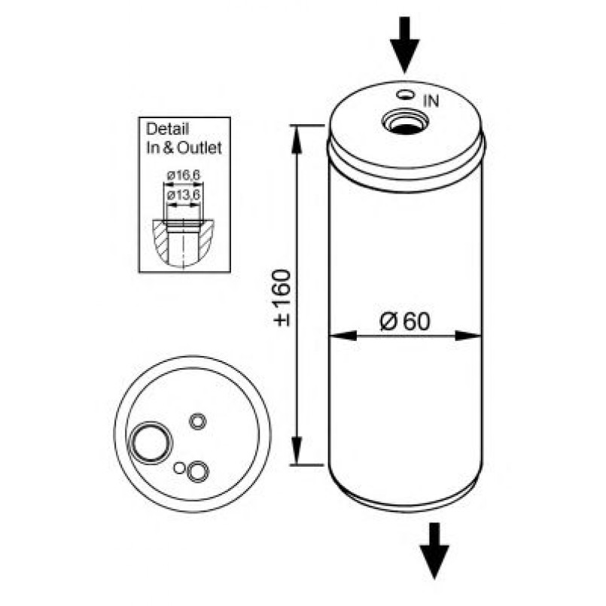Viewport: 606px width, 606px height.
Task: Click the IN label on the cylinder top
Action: click(x=431, y=102)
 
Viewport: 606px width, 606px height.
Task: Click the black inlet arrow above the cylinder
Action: click(x=405, y=44)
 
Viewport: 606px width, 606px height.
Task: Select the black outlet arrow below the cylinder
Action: click(x=434, y=551)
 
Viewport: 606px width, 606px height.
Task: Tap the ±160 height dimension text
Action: click(x=282, y=298)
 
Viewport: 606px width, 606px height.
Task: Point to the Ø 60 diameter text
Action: click(x=405, y=321)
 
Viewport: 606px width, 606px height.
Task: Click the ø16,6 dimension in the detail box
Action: click(x=184, y=175)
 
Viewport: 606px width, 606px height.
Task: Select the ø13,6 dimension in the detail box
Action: click(x=184, y=195)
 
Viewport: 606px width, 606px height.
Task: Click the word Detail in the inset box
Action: click(x=167, y=129)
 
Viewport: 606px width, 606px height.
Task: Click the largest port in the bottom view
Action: click(x=151, y=442)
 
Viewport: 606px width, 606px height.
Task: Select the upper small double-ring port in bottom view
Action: click(x=197, y=422)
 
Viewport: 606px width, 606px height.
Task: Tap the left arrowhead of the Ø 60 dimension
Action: click(x=343, y=336)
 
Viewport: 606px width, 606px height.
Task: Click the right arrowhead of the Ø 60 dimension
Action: click(x=468, y=336)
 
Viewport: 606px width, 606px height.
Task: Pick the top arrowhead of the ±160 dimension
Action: click(x=297, y=140)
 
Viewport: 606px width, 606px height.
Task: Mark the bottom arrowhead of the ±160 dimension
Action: click(x=297, y=451)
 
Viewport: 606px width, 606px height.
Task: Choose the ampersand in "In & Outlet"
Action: click(x=169, y=148)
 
